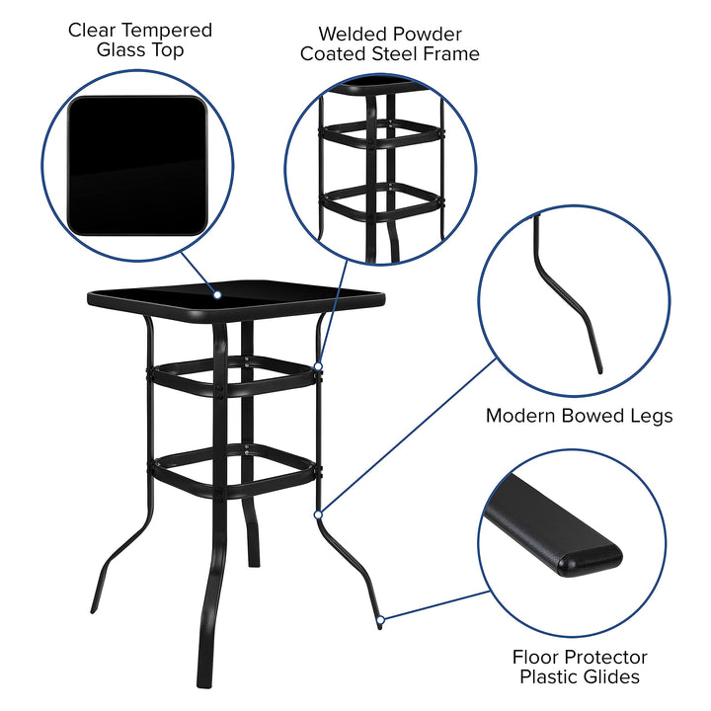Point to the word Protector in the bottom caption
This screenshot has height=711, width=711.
tap(603, 657)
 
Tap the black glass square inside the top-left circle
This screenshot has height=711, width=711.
tap(137, 165)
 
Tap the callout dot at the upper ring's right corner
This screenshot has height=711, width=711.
tap(319, 367)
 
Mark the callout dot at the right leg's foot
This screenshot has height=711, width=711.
tap(381, 621)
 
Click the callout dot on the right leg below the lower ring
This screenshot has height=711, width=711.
tap(318, 513)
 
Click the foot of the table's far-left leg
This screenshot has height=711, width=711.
tap(96, 603)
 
